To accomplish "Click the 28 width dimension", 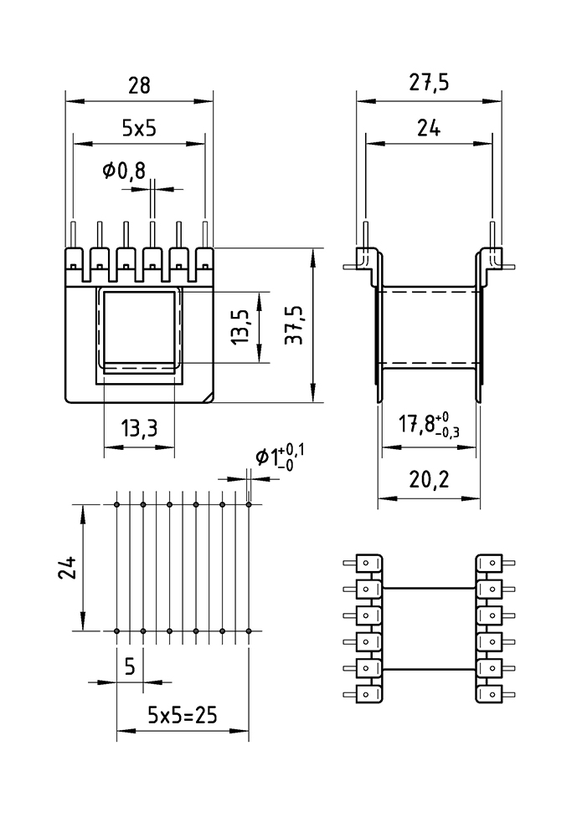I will point(140,85).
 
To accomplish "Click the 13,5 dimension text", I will point(242,327).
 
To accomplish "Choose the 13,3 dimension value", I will point(139,431).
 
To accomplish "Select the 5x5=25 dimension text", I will point(183,715).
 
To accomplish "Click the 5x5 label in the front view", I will point(140,128).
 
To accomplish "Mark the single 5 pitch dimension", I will point(130,666).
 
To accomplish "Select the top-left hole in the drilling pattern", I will point(116,504).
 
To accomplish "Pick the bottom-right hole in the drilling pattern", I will point(249,631).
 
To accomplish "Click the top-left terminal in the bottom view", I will point(369,563).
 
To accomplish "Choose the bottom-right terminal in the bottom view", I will point(489,695).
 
